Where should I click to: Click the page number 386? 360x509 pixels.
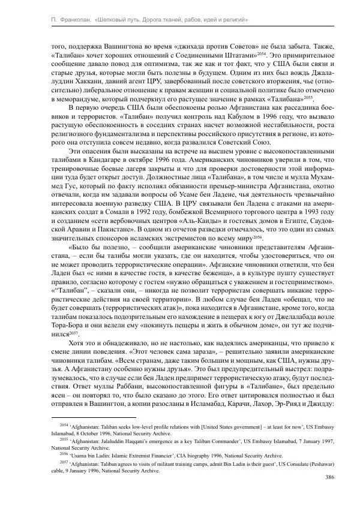pos(328,477)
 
